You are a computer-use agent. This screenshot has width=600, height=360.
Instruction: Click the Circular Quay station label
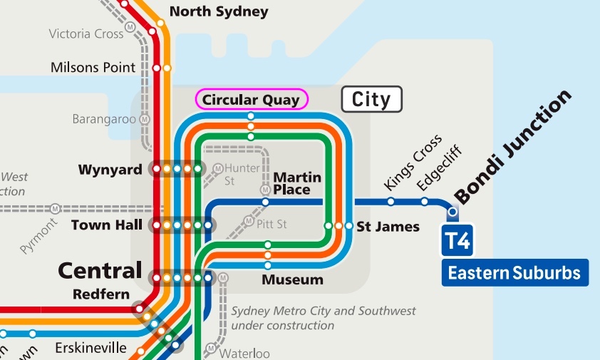tap(251, 100)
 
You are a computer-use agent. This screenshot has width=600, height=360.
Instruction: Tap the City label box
tap(372, 99)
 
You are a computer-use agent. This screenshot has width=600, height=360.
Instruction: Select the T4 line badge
tap(457, 241)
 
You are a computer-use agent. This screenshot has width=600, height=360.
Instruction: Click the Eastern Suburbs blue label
tap(514, 272)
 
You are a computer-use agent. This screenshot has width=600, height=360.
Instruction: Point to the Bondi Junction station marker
tap(452, 212)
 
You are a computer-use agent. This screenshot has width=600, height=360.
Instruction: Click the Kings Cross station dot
tap(390, 202)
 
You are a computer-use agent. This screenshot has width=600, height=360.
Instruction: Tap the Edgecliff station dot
tap(424, 202)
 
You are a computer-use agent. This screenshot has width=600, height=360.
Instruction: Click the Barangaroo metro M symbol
tap(145, 119)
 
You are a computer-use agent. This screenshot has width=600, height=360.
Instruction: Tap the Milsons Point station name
tap(93, 68)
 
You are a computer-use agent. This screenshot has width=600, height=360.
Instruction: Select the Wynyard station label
tap(110, 170)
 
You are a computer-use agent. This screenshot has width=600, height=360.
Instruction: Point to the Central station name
tap(100, 271)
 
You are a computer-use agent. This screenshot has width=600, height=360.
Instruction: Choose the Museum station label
tap(292, 279)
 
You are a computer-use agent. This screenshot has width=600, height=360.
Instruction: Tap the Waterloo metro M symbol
tap(211, 349)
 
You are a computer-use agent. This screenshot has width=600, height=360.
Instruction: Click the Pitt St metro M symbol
tap(249, 222)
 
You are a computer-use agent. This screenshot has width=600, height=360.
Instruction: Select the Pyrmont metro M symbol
tap(55, 209)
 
